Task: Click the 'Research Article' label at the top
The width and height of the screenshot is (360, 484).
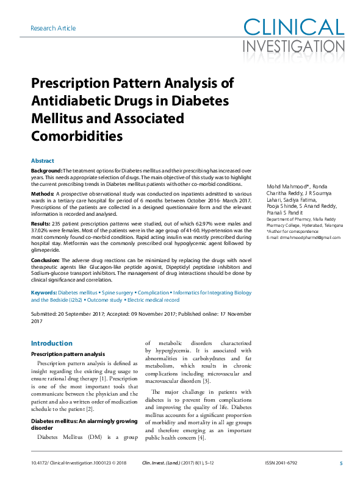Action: pyautogui.click(x=52, y=28)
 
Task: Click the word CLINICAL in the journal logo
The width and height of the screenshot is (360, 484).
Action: pyautogui.click(x=294, y=27)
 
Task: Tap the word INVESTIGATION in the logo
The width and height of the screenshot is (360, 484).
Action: pyautogui.click(x=294, y=46)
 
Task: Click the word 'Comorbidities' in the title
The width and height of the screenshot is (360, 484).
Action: pyautogui.click(x=77, y=134)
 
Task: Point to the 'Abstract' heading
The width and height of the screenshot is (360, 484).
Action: pyautogui.click(x=42, y=160)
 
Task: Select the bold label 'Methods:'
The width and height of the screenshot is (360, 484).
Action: pyautogui.click(x=43, y=193)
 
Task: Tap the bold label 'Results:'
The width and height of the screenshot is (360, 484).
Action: pyautogui.click(x=41, y=224)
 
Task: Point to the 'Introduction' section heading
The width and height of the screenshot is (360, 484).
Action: pyautogui.click(x=52, y=343)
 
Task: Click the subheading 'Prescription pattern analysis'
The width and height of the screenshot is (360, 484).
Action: pyautogui.click(x=68, y=354)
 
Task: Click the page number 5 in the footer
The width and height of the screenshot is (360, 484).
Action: pyautogui.click(x=340, y=463)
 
